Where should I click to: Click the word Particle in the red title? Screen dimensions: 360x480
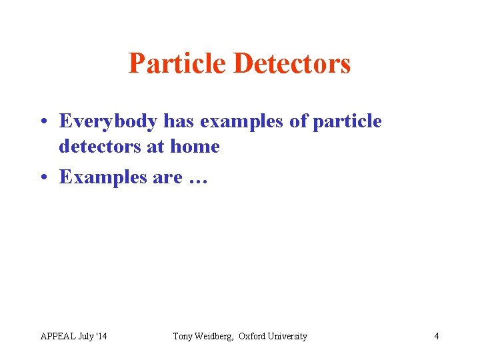tap(177, 64)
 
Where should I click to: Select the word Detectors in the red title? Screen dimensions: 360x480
tap(292, 64)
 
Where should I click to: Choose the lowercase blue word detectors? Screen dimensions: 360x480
tap(99, 146)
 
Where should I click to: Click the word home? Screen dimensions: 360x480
tap(195, 146)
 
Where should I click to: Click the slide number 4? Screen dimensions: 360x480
tap(437, 336)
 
